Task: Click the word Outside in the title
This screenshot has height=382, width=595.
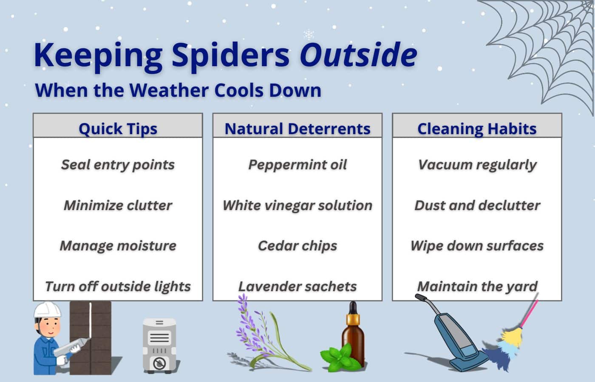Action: pyautogui.click(x=358, y=55)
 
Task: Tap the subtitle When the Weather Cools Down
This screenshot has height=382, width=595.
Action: pyautogui.click(x=178, y=90)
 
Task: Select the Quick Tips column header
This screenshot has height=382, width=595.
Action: pyautogui.click(x=118, y=128)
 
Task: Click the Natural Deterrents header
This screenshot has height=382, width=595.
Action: pyautogui.click(x=297, y=128)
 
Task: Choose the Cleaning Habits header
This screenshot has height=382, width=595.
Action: pyautogui.click(x=477, y=128)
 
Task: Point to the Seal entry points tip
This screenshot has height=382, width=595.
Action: pyautogui.click(x=118, y=165)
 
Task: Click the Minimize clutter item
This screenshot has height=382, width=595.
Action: pyautogui.click(x=118, y=205)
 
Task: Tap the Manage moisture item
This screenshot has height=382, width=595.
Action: pyautogui.click(x=118, y=246)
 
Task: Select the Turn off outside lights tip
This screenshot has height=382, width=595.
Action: pyautogui.click(x=118, y=286)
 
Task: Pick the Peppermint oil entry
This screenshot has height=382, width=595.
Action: pyautogui.click(x=297, y=165)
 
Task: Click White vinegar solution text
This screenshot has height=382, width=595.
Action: pyautogui.click(x=297, y=205)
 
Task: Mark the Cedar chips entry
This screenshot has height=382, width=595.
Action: pyautogui.click(x=297, y=246)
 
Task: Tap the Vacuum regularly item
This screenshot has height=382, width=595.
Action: pyautogui.click(x=477, y=165)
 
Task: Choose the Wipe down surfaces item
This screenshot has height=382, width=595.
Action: pyautogui.click(x=477, y=246)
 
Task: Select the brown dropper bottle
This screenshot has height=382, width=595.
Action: pyautogui.click(x=353, y=335)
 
